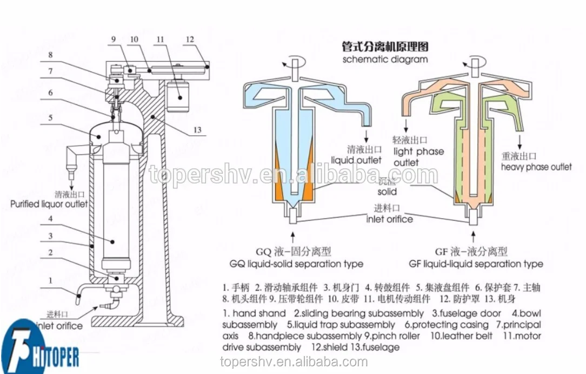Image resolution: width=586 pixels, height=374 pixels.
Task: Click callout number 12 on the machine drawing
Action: point(189,39)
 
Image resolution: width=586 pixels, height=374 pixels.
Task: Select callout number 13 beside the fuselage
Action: point(197,130)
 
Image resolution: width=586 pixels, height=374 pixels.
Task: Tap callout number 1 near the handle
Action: point(50,280)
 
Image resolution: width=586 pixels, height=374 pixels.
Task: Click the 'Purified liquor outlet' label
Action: point(49,204)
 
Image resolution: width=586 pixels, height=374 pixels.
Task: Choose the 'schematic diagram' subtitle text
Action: point(385,59)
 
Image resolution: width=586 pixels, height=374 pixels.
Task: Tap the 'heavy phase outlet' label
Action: point(536,167)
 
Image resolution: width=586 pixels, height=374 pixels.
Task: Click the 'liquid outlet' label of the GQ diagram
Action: point(356,160)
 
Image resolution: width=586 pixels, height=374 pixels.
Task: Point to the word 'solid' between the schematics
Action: point(387,192)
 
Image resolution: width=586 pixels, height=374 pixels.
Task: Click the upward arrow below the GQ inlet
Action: point(292,236)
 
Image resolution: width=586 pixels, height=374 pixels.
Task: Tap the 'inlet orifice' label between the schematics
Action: point(389,219)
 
